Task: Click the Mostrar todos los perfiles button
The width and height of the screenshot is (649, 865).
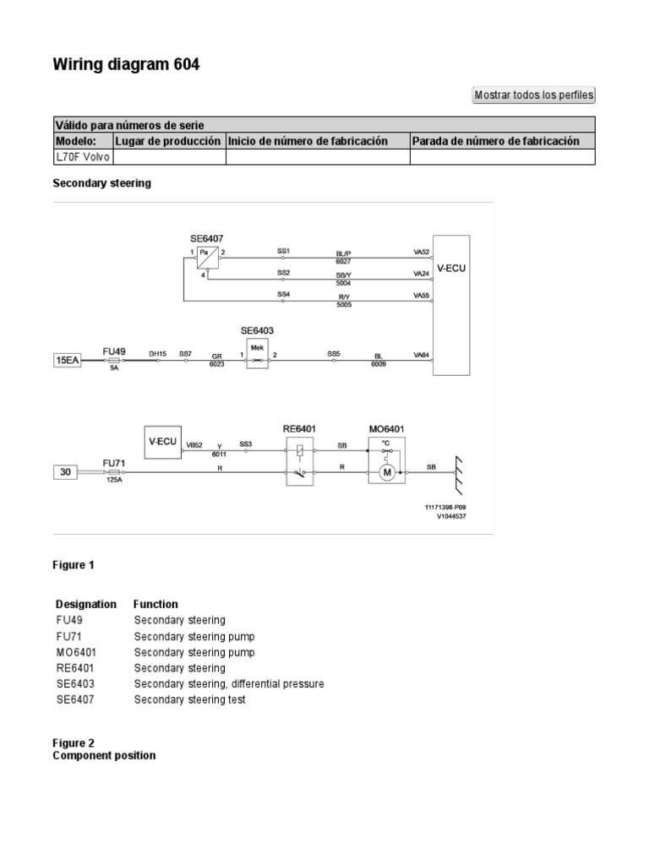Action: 534,95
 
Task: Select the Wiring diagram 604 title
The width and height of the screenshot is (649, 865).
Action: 127,64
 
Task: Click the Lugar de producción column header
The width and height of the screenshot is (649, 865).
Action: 168,141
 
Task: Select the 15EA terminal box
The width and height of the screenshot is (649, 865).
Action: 68,361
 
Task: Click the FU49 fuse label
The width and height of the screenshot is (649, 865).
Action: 114,349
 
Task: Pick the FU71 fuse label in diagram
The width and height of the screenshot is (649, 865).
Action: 114,462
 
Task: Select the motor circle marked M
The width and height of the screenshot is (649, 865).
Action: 387,472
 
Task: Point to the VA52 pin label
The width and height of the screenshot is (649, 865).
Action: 421,252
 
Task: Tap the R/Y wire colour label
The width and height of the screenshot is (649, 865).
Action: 343,297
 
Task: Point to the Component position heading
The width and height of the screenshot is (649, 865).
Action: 104,755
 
